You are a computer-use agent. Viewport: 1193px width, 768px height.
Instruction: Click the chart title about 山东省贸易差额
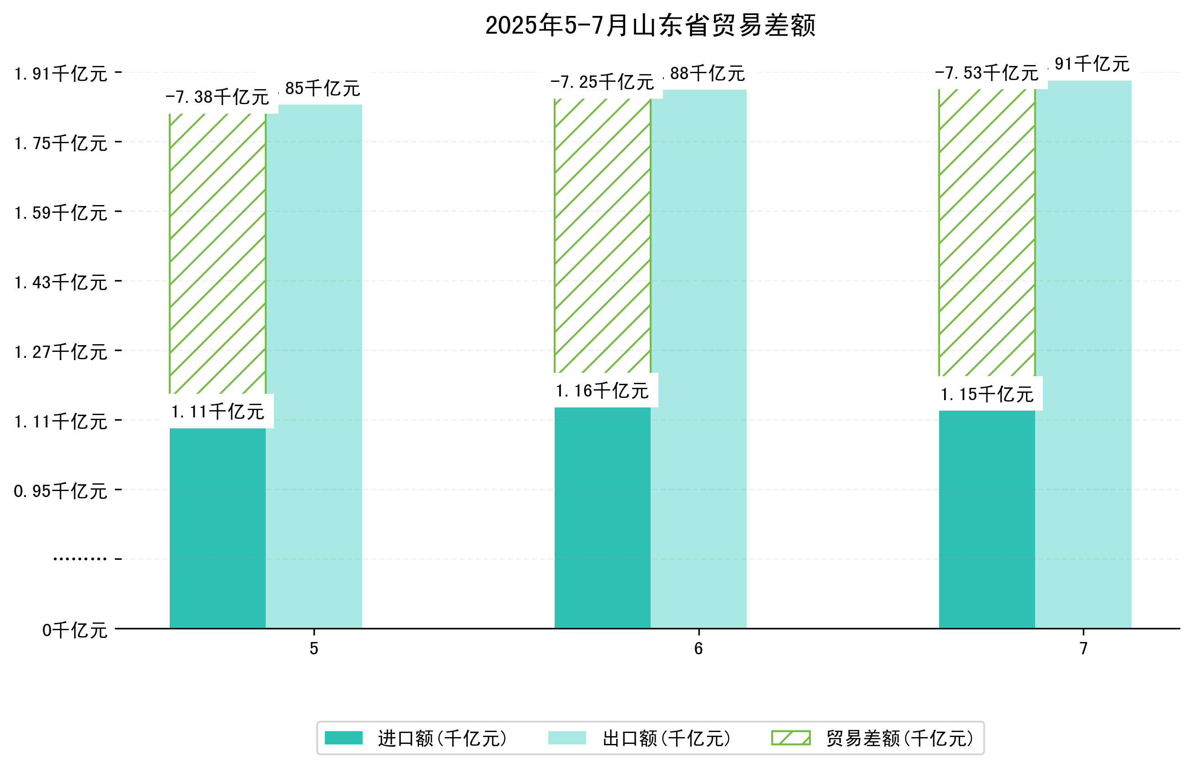(650, 25)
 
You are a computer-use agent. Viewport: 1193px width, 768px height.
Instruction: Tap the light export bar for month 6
(698, 359)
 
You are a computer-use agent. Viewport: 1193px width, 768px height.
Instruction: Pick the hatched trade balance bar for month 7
(986, 232)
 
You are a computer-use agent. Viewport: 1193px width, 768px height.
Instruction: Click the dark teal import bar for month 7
(986, 519)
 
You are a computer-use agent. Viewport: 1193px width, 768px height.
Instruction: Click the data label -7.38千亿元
(217, 97)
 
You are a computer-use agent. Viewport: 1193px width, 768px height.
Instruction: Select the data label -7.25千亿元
(602, 82)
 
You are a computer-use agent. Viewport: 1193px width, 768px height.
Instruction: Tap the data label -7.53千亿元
(986, 73)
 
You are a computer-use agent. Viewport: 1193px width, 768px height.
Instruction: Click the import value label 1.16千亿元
(602, 391)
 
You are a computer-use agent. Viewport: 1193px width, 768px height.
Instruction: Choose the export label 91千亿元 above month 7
(1091, 64)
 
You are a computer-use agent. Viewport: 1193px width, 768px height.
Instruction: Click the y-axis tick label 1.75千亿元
(61, 144)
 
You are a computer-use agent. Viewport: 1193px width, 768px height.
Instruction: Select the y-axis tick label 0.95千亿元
(61, 491)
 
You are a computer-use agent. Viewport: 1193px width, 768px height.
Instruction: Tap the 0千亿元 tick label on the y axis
(75, 630)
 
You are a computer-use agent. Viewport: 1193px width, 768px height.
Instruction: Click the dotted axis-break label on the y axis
(80, 559)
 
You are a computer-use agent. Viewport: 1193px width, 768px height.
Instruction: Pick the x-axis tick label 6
(698, 649)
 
